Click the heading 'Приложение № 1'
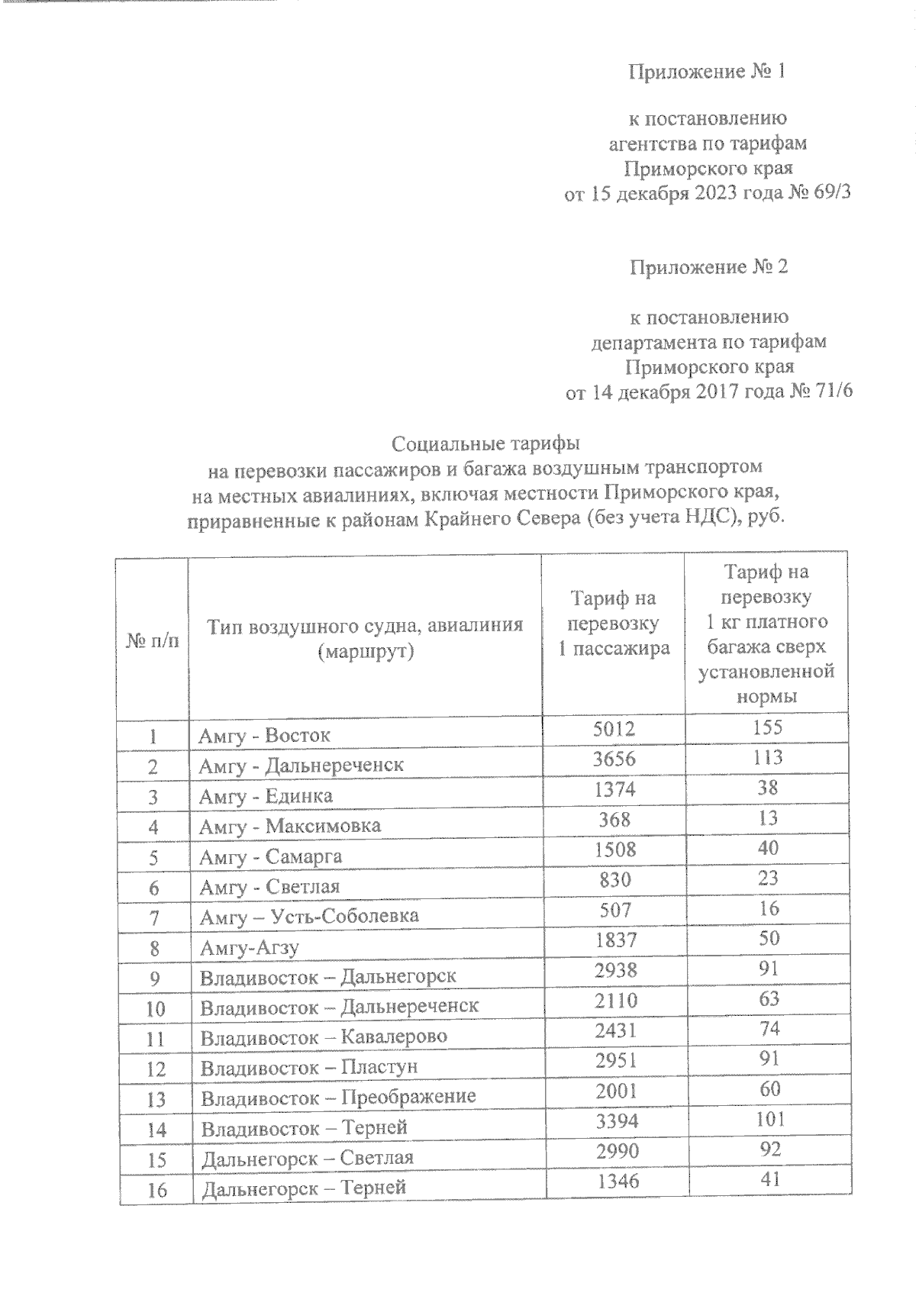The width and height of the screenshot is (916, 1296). tap(706, 72)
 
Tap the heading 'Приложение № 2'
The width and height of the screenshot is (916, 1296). tap(708, 268)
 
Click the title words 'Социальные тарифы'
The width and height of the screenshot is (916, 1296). tap(485, 443)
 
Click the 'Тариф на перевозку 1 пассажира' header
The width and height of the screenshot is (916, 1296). tap(613, 623)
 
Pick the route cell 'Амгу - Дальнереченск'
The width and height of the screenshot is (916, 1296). tap(301, 766)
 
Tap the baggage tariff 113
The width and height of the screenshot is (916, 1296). tap(767, 757)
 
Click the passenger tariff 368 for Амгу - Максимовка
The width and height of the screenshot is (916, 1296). tap(614, 819)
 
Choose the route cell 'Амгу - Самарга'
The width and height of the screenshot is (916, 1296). tap(270, 857)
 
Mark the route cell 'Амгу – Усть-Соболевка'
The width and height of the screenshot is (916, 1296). tap(308, 916)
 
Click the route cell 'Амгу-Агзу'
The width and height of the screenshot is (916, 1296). tap(249, 948)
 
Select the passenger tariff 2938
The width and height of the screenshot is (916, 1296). tap(615, 969)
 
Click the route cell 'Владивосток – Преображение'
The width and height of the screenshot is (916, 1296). tap(338, 1098)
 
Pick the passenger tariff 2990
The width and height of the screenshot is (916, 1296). tap(617, 1150)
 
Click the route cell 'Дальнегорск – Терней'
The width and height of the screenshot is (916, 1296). tap(303, 1188)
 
